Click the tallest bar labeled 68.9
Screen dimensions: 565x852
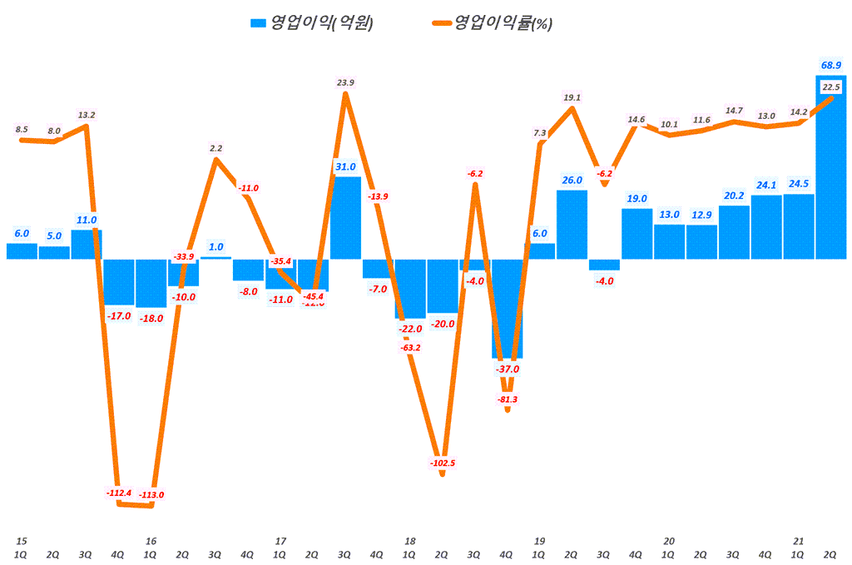click(830, 166)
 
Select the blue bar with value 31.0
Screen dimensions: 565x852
click(345, 218)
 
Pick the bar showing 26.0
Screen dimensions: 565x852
click(572, 225)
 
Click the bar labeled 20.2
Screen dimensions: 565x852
click(734, 232)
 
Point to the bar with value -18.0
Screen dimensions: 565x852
click(151, 283)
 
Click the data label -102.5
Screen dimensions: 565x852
click(442, 463)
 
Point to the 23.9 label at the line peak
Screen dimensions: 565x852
click(346, 82)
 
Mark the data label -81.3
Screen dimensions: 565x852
click(507, 399)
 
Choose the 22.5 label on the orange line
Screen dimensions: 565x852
click(830, 87)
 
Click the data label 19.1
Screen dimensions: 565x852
click(572, 97)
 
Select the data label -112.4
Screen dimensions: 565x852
click(119, 493)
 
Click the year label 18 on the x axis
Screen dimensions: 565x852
click(409, 541)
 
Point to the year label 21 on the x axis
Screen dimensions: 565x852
click(798, 541)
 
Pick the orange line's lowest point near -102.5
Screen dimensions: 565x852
click(442, 474)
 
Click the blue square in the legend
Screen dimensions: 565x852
click(258, 23)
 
